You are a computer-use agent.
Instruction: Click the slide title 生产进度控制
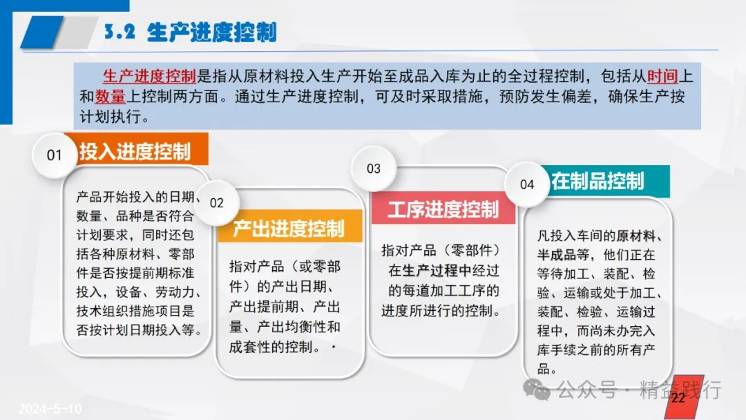pos(212,32)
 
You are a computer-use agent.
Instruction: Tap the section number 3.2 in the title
pos(119,32)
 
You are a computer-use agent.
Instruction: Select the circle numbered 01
pos(55,155)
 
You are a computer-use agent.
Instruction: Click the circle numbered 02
pos(216,203)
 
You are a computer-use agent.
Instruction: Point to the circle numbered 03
pos(374,169)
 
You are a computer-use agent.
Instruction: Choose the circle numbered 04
pos(526,184)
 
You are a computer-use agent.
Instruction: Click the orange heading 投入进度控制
pos(135,152)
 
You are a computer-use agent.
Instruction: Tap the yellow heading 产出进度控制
pos(288,229)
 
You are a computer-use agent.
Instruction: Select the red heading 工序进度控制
pos(443,210)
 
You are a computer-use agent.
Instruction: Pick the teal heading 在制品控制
pos(597,181)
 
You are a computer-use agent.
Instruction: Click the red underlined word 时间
pos(662,76)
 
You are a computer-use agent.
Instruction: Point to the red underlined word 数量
pos(110,97)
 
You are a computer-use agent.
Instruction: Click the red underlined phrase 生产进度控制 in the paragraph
pos(149,76)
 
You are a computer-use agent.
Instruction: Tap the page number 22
pos(678,398)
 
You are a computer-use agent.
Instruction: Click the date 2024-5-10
pos(50,408)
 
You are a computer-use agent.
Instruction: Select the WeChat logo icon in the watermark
pos(537,390)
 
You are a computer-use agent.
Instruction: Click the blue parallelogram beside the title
pos(42,32)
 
